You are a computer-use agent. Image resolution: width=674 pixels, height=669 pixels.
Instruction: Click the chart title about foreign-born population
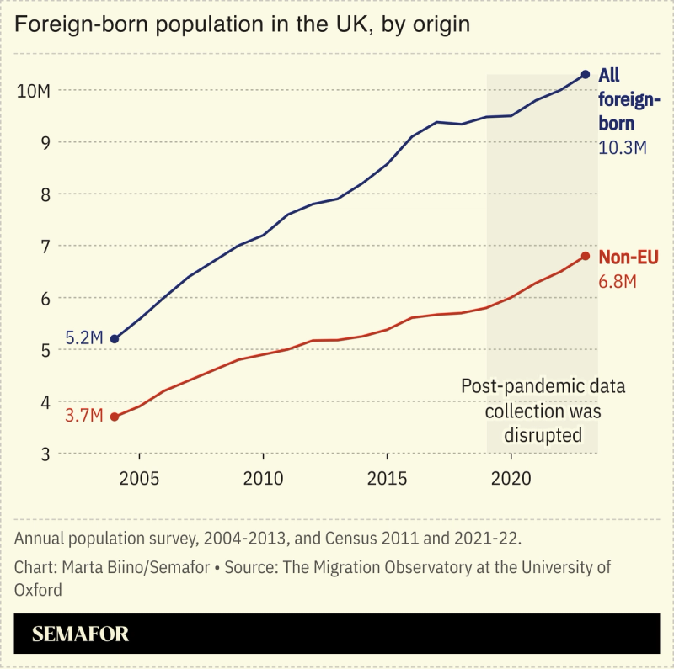242,24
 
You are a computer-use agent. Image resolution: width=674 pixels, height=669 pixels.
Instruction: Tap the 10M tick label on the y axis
35,90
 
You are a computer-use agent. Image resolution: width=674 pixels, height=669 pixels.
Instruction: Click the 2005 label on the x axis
139,479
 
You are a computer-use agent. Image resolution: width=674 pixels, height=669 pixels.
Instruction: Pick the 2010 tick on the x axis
263,479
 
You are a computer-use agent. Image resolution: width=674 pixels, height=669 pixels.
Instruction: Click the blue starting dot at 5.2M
115,339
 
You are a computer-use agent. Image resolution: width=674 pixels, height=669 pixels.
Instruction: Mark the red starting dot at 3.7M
115,417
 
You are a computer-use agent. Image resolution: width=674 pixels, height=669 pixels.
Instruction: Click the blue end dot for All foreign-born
586,74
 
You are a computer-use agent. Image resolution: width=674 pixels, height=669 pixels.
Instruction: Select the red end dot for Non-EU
586,256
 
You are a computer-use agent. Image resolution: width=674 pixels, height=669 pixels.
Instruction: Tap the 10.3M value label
623,147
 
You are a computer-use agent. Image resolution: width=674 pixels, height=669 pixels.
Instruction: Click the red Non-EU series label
629,258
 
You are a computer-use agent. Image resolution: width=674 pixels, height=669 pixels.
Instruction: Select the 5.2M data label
84,338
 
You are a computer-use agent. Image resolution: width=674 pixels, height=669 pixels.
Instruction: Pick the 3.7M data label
84,417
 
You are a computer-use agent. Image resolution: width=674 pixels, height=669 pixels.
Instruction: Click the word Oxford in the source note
38,590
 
